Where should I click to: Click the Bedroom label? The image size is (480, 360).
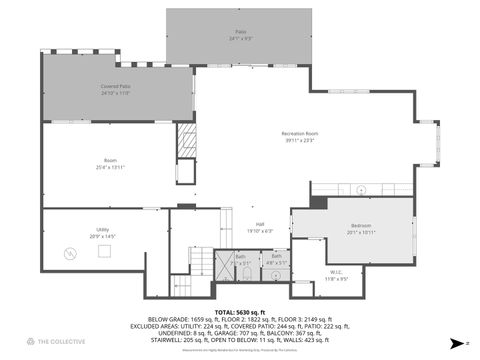(x=361, y=225)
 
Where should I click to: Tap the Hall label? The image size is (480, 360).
(x=259, y=224)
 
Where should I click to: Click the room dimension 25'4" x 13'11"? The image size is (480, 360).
(x=111, y=167)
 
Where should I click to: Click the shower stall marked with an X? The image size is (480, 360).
(x=225, y=266)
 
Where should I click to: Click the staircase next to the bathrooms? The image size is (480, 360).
(x=203, y=262)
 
